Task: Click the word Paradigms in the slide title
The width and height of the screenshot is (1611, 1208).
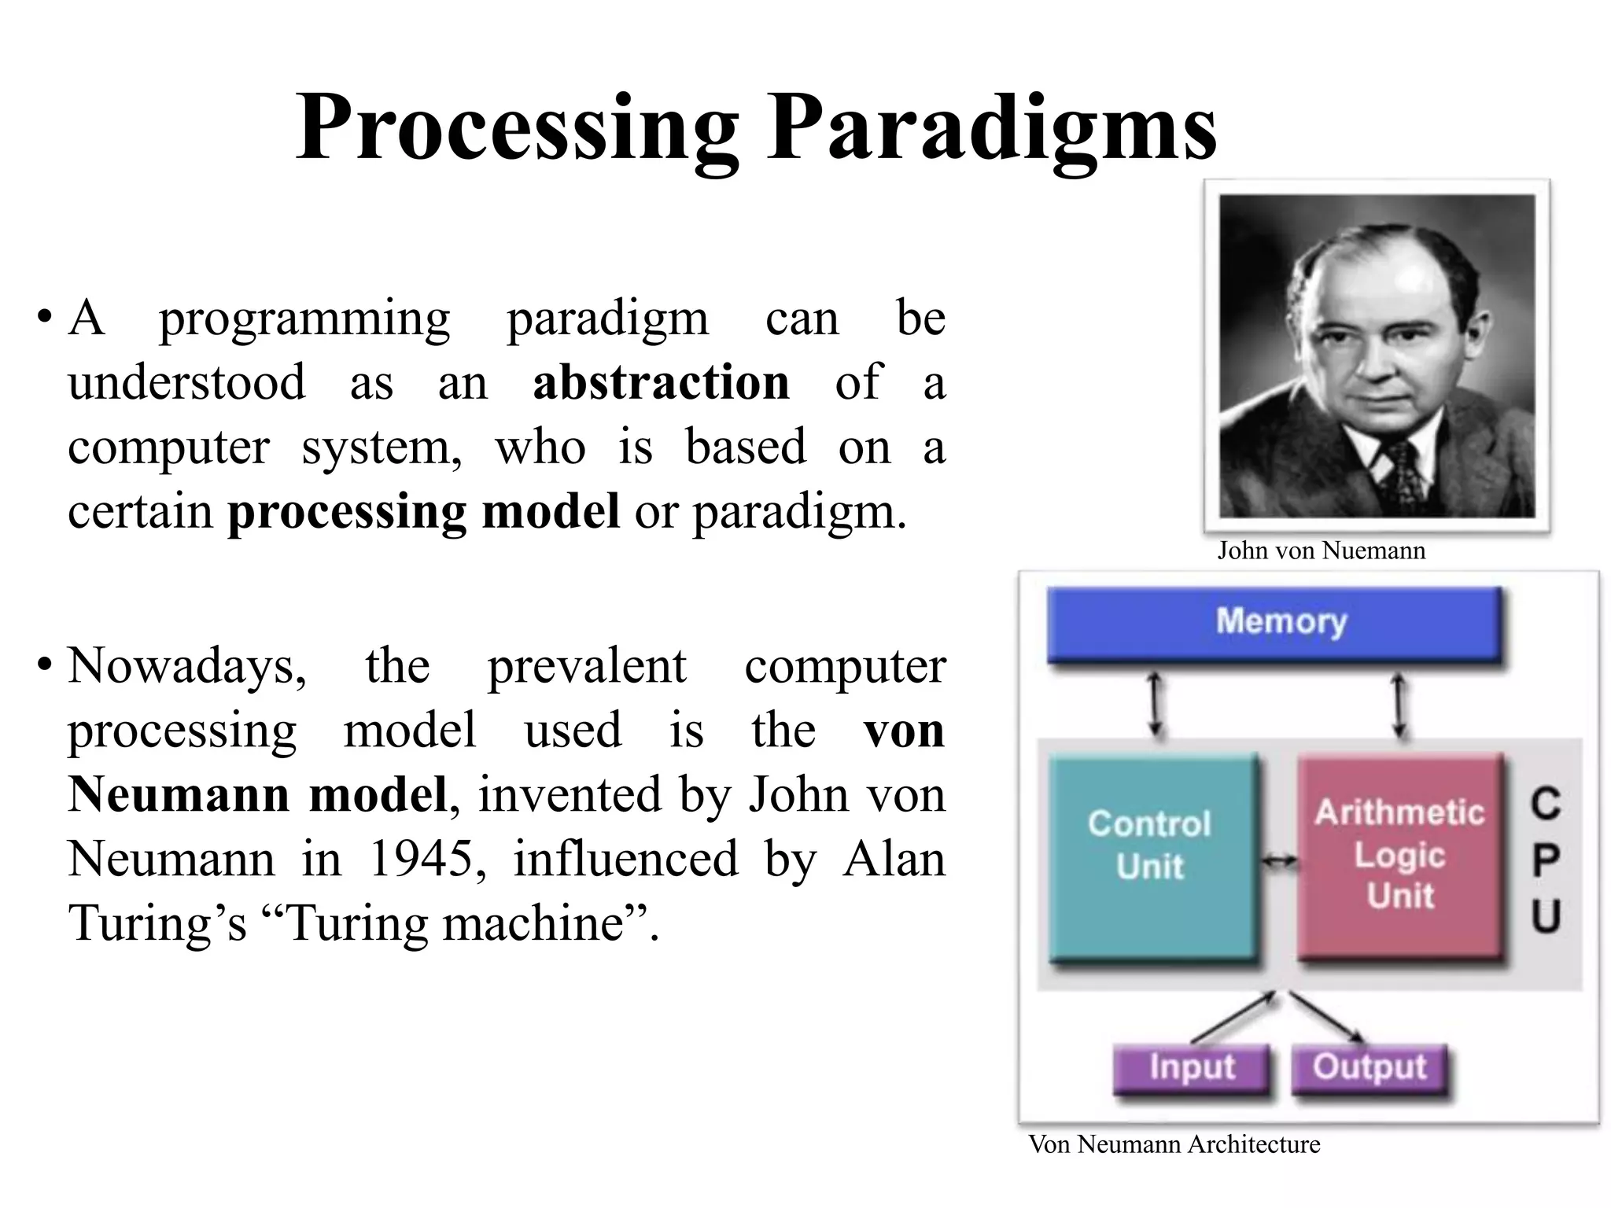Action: [x=993, y=127]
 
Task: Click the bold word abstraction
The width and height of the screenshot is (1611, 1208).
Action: [x=661, y=382]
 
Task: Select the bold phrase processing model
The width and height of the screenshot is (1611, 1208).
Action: [x=423, y=511]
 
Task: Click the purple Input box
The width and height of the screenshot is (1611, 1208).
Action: [x=1192, y=1068]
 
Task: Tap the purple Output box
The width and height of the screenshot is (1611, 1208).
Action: [x=1370, y=1068]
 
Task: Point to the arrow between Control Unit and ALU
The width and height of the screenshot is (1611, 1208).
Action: [x=1280, y=863]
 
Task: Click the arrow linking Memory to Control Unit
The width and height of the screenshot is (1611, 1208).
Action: [x=1155, y=705]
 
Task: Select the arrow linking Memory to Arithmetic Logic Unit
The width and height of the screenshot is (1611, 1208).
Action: [x=1399, y=705]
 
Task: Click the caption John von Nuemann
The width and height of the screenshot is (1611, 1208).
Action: [x=1321, y=551]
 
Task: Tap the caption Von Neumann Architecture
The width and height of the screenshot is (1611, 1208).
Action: [x=1174, y=1144]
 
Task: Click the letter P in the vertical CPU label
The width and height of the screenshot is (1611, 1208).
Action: [x=1545, y=860]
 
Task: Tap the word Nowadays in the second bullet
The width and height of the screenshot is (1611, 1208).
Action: [x=186, y=666]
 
